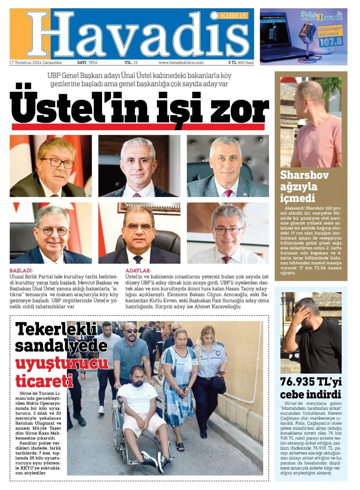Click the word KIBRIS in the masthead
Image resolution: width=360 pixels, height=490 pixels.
click(233, 15)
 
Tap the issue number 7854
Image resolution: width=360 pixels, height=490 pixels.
click(92, 62)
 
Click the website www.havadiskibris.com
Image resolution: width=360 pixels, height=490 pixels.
click(181, 62)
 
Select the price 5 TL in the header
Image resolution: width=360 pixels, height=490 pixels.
click(232, 62)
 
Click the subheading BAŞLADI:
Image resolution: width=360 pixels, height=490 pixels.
click(21, 271)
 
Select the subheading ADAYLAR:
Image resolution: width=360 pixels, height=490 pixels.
click(138, 271)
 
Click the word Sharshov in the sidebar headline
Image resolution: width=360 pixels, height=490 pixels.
click(304, 175)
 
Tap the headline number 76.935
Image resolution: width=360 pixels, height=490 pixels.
click(297, 382)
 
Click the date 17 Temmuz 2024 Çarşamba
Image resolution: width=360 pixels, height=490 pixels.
click(36, 62)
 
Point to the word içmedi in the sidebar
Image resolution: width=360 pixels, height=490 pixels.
click(293, 198)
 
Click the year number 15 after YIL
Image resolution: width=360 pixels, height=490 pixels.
click(135, 62)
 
